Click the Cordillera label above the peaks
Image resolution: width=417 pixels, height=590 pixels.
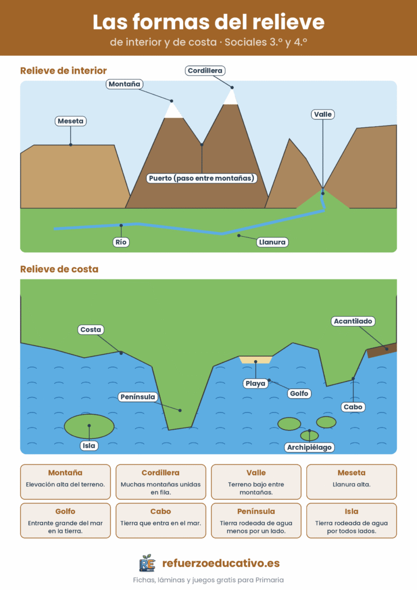[x=205, y=71]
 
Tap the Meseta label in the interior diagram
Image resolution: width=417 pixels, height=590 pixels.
[x=71, y=121]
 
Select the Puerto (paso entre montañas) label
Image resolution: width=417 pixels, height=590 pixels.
[x=202, y=178]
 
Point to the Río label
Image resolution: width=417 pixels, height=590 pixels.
[x=121, y=242]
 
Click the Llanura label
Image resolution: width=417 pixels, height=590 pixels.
[x=272, y=242]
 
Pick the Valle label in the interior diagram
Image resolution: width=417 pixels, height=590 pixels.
[x=323, y=115]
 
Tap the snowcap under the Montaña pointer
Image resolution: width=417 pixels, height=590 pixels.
[x=173, y=110]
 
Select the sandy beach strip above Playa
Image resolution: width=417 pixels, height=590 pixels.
[x=256, y=360]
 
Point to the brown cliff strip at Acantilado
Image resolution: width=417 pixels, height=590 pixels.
[x=382, y=350]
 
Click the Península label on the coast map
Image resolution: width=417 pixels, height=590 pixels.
[x=138, y=397]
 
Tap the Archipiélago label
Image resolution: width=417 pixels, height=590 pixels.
[x=309, y=447]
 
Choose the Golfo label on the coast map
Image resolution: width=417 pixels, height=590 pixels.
[x=300, y=394]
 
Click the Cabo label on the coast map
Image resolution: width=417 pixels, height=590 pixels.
[x=353, y=407]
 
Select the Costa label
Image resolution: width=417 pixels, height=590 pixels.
[x=90, y=330]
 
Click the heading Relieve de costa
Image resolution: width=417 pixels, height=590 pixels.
[x=59, y=269]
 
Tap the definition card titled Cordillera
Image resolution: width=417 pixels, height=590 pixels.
[x=161, y=482]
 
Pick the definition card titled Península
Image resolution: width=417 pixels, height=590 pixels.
[x=256, y=521]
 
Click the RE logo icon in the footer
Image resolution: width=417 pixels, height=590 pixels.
[x=147, y=563]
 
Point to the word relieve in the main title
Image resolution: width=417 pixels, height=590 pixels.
[x=289, y=22]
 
